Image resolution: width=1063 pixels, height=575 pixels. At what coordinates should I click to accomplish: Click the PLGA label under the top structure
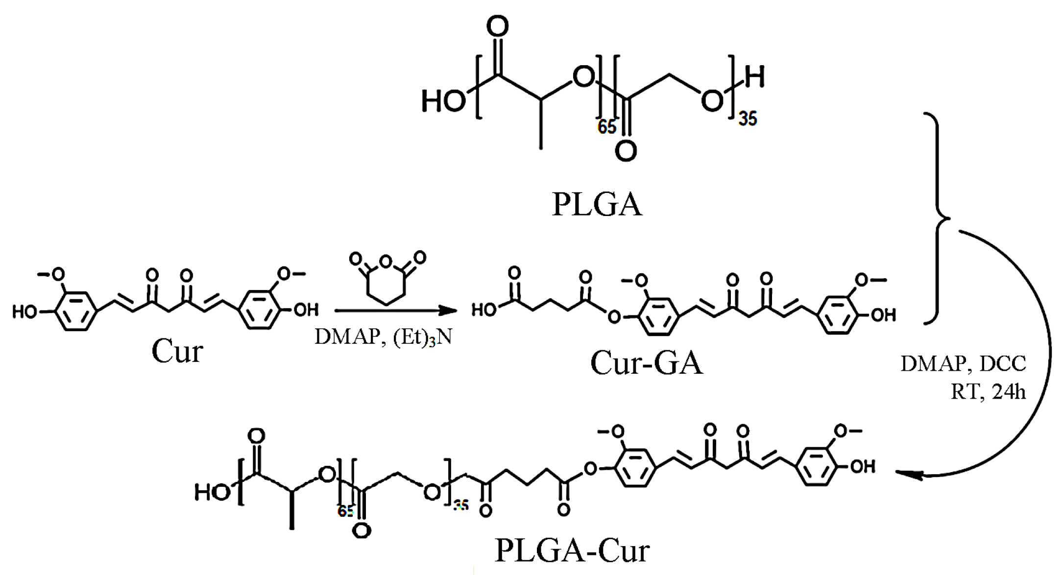point(597,205)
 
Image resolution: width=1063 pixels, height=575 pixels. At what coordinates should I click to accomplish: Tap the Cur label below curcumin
point(177,351)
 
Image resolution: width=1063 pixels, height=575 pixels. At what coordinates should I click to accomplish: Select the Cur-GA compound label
point(646,363)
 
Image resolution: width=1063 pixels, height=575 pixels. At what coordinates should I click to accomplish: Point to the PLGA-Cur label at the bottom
point(572,551)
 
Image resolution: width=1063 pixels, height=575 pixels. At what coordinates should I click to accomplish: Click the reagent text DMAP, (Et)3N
point(383,337)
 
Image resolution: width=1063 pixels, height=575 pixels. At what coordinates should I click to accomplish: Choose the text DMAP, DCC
point(963,363)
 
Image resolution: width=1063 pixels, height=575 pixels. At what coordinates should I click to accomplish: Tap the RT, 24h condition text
point(988,392)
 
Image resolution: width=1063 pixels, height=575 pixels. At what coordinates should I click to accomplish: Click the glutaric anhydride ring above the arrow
point(387,281)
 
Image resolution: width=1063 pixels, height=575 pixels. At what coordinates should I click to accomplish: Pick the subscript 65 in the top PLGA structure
point(606,127)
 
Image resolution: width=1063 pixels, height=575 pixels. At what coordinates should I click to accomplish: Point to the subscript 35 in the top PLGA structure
point(748,119)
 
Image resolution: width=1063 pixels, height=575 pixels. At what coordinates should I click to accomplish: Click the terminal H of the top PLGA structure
point(754,77)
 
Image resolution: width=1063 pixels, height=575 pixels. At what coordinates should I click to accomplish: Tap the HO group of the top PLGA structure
point(443,101)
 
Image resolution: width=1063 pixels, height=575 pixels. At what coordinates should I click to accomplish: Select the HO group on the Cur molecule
point(25,311)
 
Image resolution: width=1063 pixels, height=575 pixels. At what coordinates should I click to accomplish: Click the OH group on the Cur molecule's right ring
point(306,310)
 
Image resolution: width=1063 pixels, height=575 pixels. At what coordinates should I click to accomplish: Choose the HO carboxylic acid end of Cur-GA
point(484,310)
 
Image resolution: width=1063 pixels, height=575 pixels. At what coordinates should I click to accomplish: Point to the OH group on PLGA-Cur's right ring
point(863,466)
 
